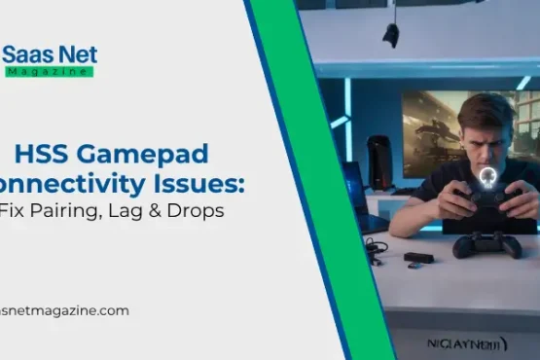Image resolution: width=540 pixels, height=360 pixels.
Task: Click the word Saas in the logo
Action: coord(26,54)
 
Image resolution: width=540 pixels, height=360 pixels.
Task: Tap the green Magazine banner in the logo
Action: coord(50,71)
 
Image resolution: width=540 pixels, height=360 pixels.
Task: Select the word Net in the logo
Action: coord(76,54)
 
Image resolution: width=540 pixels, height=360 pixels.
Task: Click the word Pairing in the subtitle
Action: coord(59,209)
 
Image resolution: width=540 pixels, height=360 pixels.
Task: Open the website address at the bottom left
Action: coord(63,310)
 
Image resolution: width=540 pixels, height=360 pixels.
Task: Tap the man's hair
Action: coord(484,109)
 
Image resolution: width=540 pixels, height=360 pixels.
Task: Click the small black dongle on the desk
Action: coord(418,258)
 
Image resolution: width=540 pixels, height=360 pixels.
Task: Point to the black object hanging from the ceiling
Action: coord(391,36)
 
